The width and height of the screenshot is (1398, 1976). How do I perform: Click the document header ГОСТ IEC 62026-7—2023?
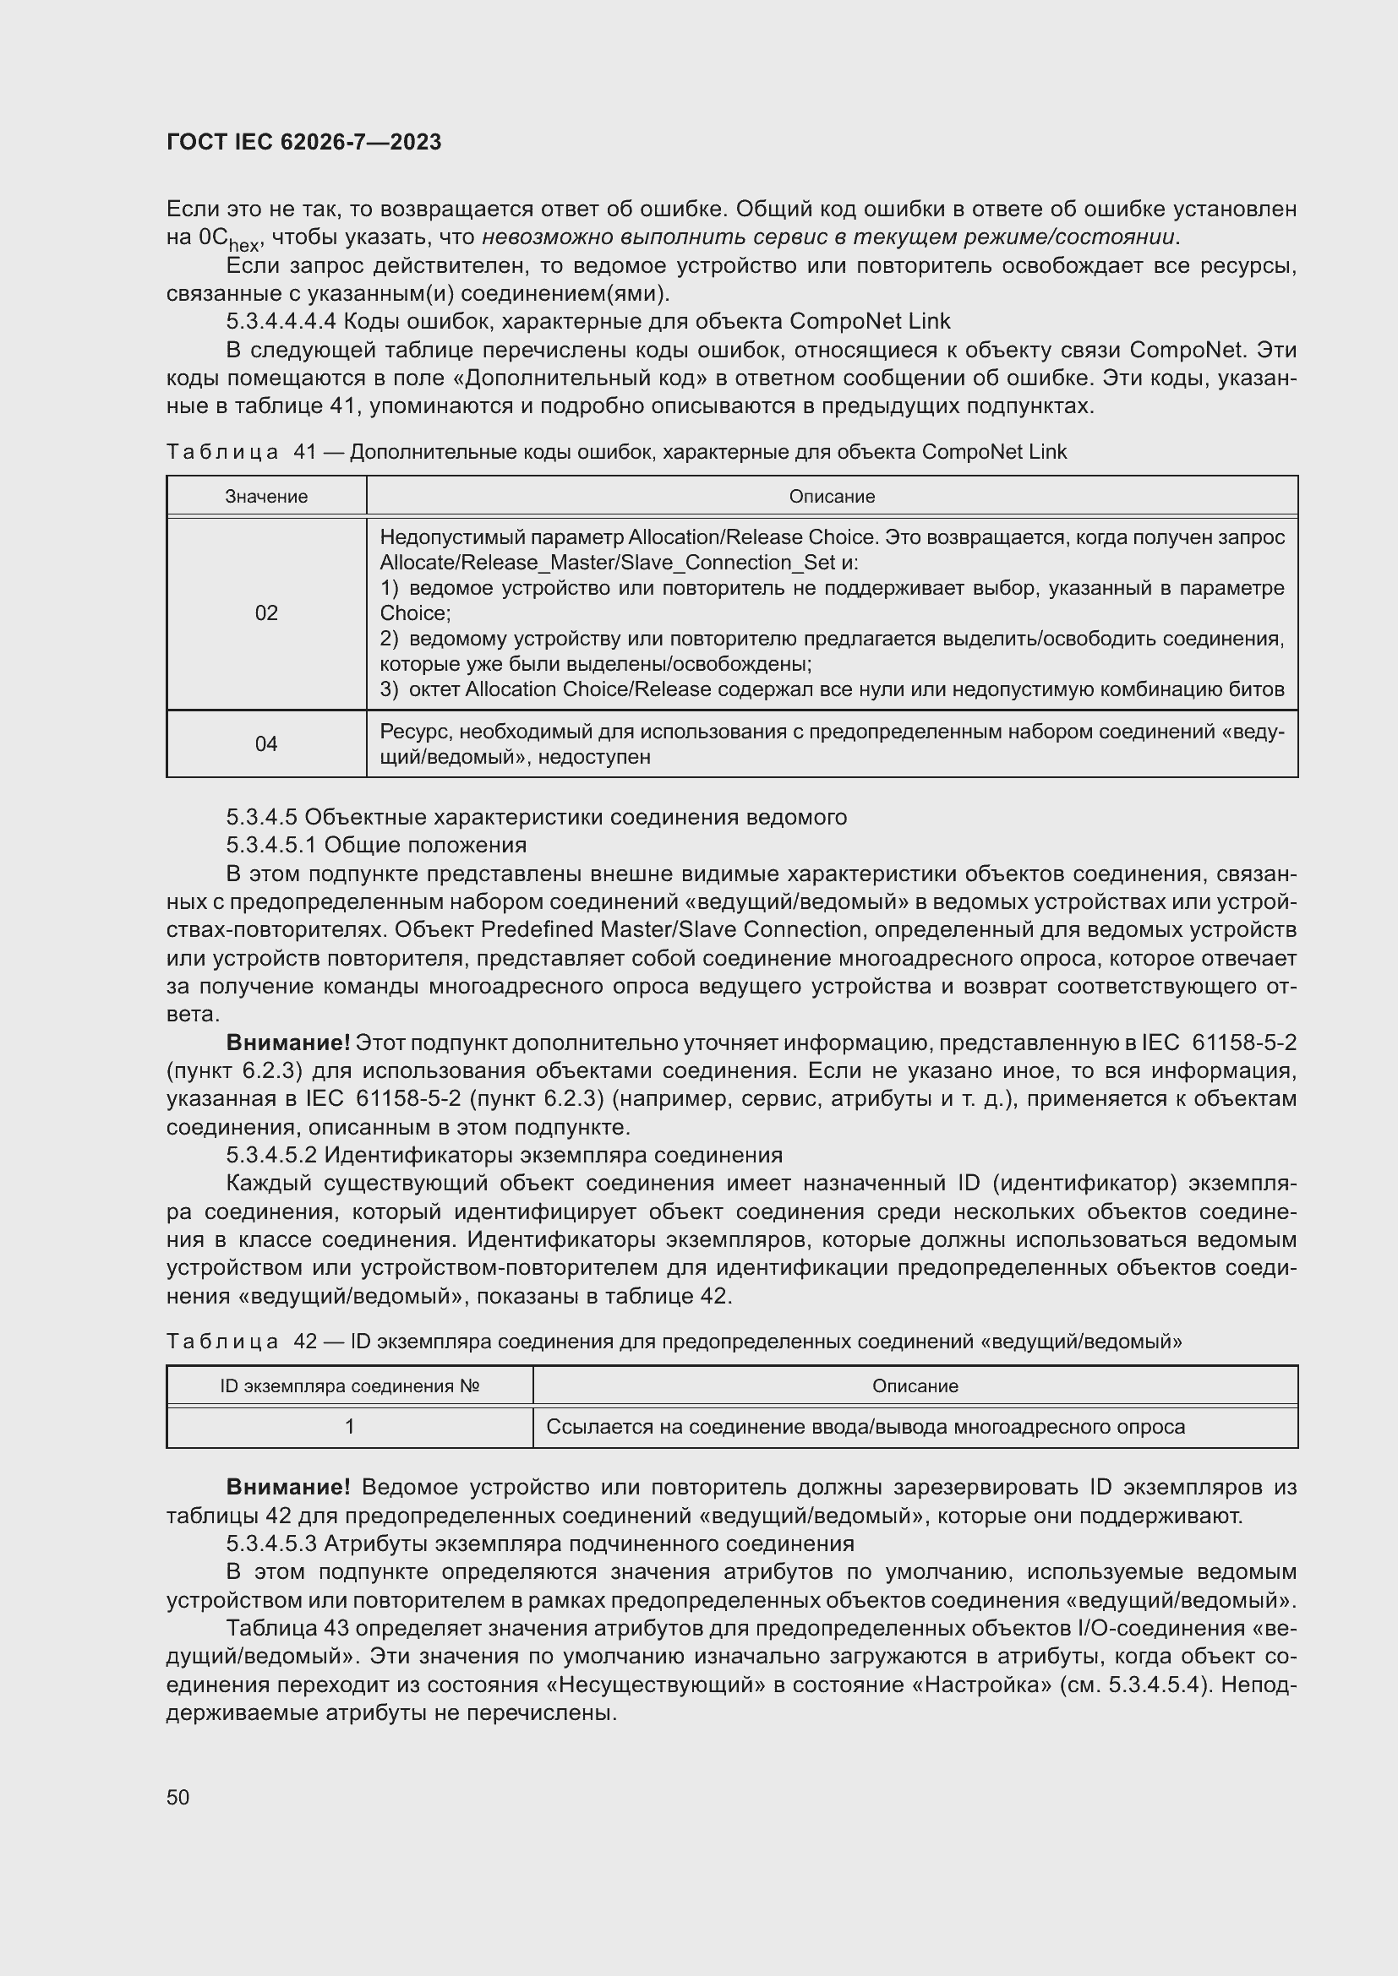coord(304,142)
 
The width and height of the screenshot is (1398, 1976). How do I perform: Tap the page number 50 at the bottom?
coord(178,1797)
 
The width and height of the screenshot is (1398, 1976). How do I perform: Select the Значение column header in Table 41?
coord(266,497)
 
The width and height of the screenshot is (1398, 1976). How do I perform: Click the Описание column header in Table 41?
coord(832,497)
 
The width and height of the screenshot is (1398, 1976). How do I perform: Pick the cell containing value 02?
coord(266,612)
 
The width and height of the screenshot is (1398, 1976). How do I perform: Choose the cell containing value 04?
coord(266,743)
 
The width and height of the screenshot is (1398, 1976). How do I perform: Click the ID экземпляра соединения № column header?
coord(350,1385)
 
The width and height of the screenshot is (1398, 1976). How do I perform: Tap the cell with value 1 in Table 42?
coord(350,1427)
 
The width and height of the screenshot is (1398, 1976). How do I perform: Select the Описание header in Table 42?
coord(915,1385)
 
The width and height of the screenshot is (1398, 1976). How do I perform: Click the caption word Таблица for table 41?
coord(222,452)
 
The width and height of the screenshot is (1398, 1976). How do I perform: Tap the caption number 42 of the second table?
coord(305,1342)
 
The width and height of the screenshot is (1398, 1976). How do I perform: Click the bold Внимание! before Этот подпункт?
coord(287,1043)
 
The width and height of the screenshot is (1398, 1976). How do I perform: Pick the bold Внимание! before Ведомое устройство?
coord(287,1488)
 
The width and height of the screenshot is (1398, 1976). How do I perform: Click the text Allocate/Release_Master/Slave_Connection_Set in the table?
coord(608,563)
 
